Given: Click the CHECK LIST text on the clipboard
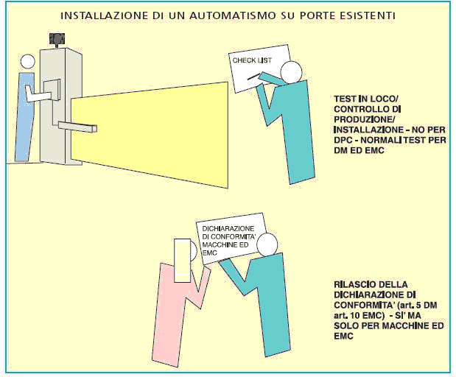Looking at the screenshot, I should [x=248, y=60].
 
